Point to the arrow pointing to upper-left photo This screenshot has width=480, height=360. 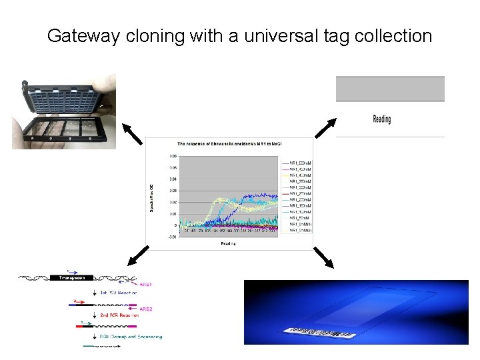pos(134,135)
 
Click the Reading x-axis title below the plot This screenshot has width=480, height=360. pos(229,244)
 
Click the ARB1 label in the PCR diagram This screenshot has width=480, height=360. pos(145,285)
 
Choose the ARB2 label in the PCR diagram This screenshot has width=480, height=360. pos(145,309)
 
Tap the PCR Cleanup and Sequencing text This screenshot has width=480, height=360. pos(131,337)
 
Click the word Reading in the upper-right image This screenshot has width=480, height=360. pos(381,119)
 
